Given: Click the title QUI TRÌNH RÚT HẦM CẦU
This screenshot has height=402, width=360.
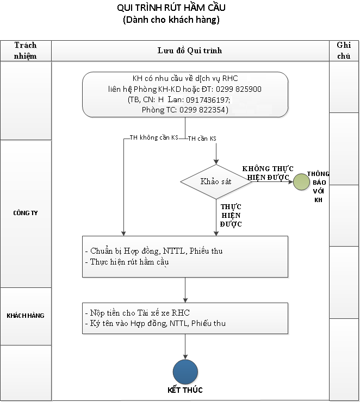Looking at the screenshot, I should point(171,8).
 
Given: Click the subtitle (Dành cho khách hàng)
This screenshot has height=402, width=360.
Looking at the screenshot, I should point(171,20).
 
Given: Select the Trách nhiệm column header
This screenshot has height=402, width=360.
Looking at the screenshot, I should point(26,50).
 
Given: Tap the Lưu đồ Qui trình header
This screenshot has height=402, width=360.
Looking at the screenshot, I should point(190,51).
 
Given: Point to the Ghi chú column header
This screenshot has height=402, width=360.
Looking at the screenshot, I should point(344,50).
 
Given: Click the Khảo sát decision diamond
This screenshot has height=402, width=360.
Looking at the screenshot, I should point(216,181).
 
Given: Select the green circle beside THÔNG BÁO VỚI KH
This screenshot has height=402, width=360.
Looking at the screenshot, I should point(301,182).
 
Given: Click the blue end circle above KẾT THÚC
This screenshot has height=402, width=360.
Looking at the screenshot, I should point(185,371).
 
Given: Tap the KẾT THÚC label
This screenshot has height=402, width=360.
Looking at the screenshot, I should point(185,390).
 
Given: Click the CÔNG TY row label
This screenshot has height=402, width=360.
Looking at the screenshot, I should point(26,213).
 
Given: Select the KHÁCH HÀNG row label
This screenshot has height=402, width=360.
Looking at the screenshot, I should point(26,316).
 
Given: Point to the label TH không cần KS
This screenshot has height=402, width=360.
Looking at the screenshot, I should point(154,138).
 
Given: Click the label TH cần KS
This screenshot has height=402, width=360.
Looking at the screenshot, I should point(202,139).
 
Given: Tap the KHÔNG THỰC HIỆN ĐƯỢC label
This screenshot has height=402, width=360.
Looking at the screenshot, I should point(265,173).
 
